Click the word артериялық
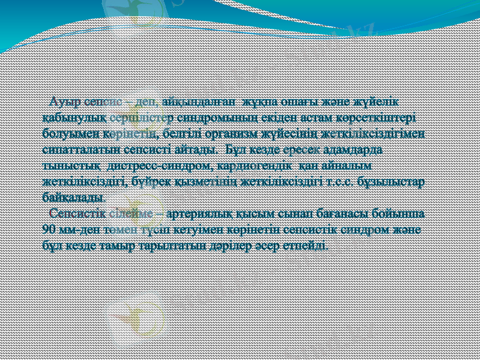point(202,213)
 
